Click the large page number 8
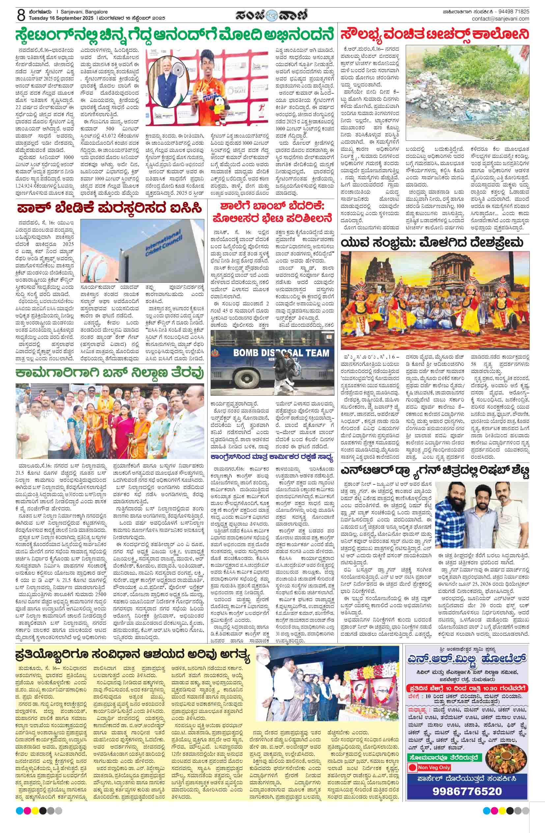click(x=21, y=15)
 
